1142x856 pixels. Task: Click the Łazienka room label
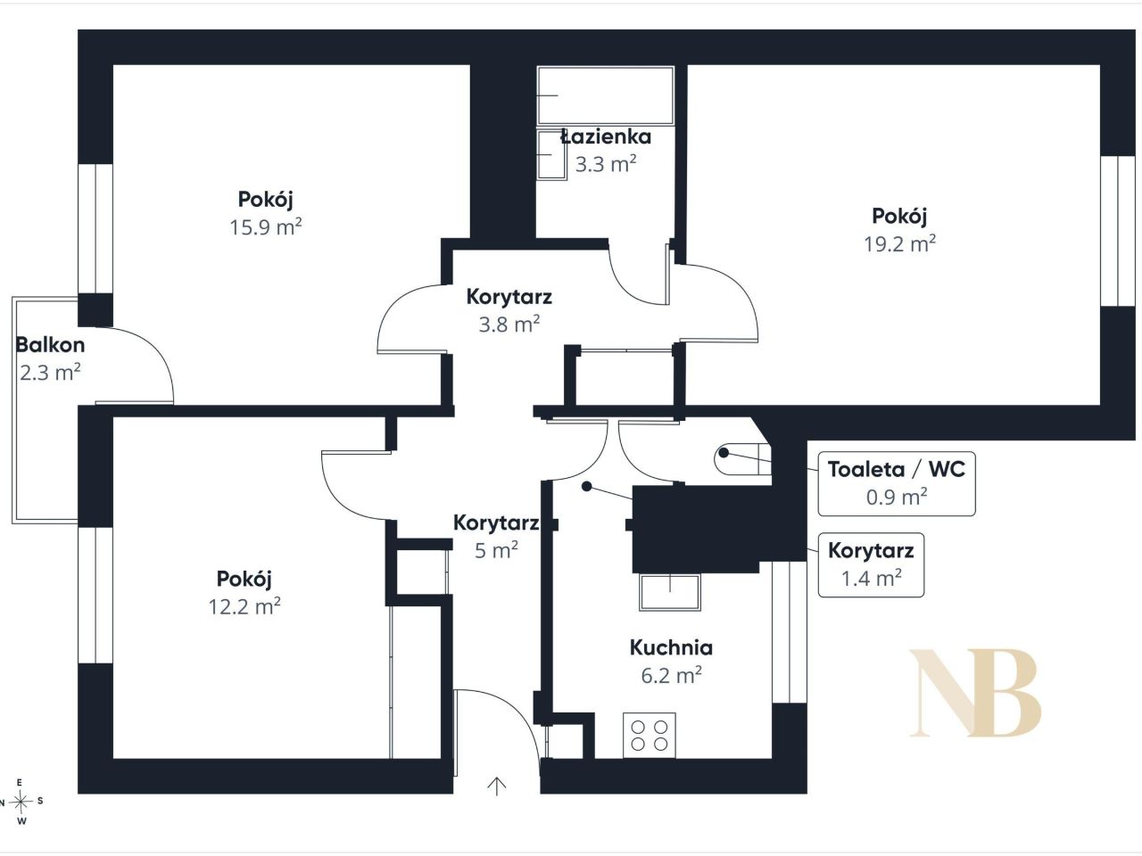pyautogui.click(x=606, y=136)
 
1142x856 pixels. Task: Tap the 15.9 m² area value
pyautogui.click(x=266, y=227)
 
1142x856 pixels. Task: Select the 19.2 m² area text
pyautogui.click(x=900, y=243)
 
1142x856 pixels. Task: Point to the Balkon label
pyautogui.click(x=50, y=344)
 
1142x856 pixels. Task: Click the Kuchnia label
pyautogui.click(x=671, y=647)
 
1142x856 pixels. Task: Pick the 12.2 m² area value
pyautogui.click(x=244, y=606)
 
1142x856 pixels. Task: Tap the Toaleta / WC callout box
pyautogui.click(x=897, y=483)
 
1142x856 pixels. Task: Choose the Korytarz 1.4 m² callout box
pyautogui.click(x=871, y=564)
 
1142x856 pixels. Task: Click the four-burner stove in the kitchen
pyautogui.click(x=650, y=735)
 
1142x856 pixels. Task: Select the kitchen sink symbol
pyautogui.click(x=670, y=592)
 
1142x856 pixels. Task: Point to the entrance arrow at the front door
pyautogui.click(x=497, y=786)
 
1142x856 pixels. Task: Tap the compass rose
pyautogui.click(x=21, y=802)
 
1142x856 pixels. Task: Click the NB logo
pyautogui.click(x=975, y=692)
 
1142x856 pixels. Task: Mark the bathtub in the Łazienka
pyautogui.click(x=606, y=95)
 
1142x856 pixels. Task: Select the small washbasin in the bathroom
pyautogui.click(x=552, y=155)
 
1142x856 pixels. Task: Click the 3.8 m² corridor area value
pyautogui.click(x=509, y=325)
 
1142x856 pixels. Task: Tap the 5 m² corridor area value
pyautogui.click(x=496, y=550)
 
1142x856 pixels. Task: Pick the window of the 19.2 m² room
pyautogui.click(x=1118, y=231)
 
